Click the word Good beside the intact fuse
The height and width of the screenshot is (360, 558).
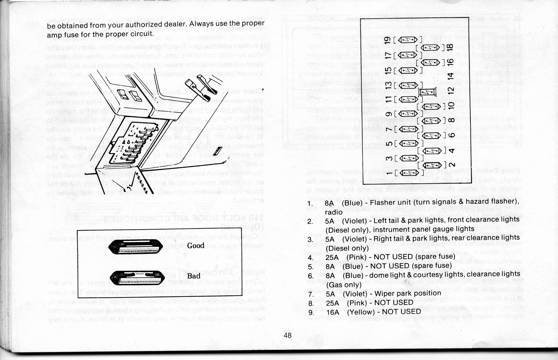[x=195, y=245]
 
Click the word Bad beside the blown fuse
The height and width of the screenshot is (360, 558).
[x=194, y=276]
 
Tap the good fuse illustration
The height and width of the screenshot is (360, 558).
[x=136, y=247]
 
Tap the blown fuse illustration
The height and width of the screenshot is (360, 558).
[x=137, y=278]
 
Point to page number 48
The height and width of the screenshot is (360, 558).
[x=288, y=335]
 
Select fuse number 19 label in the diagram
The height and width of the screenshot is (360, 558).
[x=389, y=40]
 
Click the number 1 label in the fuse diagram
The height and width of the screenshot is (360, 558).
[x=389, y=173]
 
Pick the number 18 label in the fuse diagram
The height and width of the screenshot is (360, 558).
[x=450, y=47]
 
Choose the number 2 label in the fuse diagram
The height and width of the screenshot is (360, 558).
[x=451, y=165]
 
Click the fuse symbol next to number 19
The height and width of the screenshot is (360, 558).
[x=408, y=40]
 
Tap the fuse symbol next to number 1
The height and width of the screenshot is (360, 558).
[x=410, y=173]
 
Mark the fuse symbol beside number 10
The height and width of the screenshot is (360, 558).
[x=431, y=106]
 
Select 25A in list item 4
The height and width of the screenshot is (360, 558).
[x=331, y=257]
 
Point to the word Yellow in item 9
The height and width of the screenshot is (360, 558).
[x=360, y=312]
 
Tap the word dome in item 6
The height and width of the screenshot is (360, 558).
[x=378, y=275]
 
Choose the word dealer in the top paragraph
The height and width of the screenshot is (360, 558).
[x=175, y=24]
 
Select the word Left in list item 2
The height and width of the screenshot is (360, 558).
[x=379, y=221]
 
